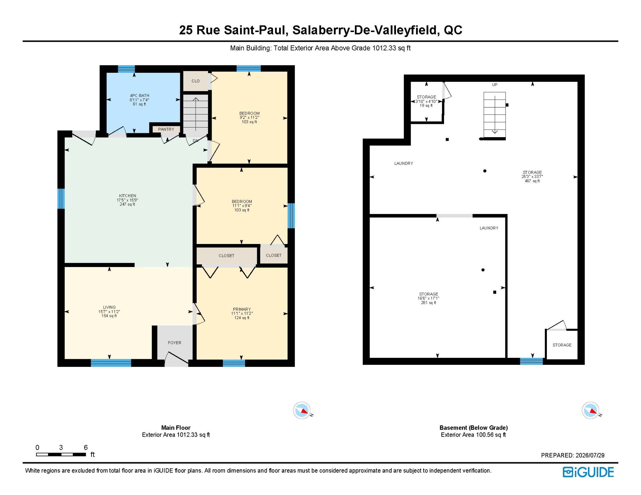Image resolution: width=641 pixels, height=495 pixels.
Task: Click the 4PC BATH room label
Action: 140,100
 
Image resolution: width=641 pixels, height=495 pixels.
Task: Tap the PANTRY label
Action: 166,129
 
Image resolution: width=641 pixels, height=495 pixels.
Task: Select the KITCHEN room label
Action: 127,200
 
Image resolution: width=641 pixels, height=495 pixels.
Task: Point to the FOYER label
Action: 175,343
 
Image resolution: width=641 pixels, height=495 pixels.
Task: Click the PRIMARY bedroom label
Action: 242,313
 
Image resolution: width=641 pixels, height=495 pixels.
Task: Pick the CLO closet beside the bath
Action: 196,81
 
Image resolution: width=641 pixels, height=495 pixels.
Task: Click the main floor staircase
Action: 196,113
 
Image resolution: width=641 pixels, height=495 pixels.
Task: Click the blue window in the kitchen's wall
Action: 61,199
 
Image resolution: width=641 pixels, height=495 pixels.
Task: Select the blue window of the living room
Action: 111,363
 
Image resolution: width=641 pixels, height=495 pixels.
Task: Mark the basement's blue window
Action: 531,361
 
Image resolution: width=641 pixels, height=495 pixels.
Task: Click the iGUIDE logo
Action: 588,472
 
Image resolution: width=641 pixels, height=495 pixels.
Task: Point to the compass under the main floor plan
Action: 302,410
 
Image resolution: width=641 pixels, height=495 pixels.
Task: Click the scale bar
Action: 61,454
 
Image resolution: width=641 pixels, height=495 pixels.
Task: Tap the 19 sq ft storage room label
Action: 426,101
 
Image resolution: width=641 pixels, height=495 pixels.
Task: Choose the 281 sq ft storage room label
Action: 429,298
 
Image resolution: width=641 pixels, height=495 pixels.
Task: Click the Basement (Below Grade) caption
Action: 473,428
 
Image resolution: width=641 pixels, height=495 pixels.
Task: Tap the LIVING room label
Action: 109,311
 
